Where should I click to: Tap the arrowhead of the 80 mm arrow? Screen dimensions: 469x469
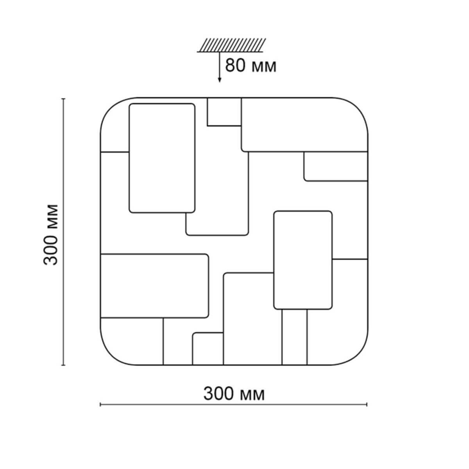[220, 80]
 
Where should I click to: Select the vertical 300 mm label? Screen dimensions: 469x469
[51, 235]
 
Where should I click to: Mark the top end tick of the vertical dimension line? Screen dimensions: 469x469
[63, 99]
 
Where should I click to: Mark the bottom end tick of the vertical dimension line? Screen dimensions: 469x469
[63, 365]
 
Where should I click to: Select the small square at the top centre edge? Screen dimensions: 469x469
[224, 112]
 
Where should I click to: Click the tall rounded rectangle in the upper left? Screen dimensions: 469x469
[162, 158]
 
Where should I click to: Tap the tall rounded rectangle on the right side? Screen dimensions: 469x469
[303, 260]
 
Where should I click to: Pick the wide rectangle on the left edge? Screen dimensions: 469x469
[154, 286]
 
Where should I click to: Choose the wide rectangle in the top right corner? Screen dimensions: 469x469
[304, 125]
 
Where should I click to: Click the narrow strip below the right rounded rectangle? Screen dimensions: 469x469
[295, 337]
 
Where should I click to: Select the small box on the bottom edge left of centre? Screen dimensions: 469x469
[208, 349]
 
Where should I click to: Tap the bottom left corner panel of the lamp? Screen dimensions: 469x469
[132, 341]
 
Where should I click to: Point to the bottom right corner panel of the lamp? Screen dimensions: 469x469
[337, 312]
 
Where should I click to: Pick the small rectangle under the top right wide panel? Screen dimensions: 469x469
[336, 166]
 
